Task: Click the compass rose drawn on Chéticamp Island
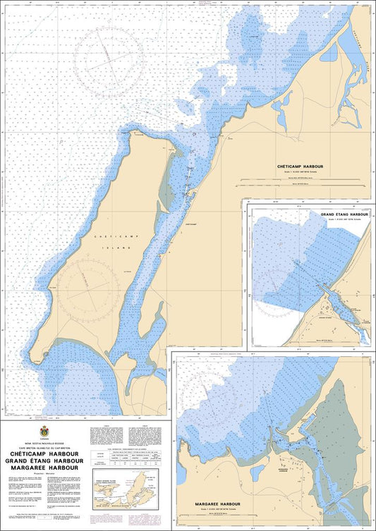pyautogui.click(x=87, y=287)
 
